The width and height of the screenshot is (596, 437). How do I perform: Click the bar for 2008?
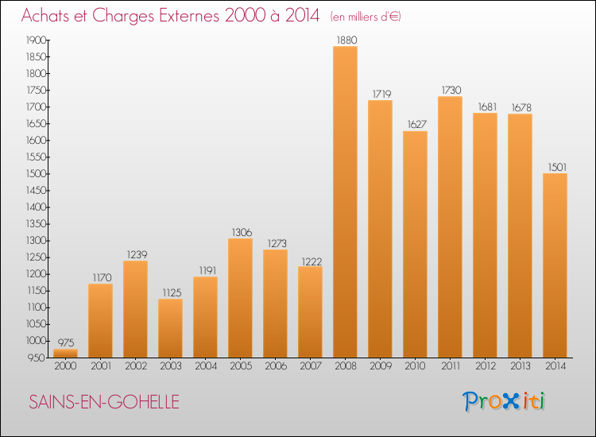[x=345, y=202]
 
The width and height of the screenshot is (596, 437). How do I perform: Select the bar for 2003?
[x=170, y=328]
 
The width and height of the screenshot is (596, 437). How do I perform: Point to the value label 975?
[x=65, y=342]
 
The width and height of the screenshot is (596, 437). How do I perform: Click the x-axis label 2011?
[x=450, y=366]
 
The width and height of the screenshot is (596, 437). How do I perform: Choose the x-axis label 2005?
[x=240, y=366]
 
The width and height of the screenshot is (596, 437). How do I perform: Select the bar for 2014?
[x=555, y=265]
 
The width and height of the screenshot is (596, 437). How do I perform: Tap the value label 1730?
[x=450, y=90]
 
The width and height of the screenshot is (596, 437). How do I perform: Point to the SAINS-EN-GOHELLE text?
[x=104, y=402]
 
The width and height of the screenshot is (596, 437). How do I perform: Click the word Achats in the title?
[x=48, y=17]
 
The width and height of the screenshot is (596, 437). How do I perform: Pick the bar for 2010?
[x=415, y=244]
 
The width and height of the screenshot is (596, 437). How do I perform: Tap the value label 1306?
[x=240, y=232]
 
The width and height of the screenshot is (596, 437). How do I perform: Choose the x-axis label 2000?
[x=65, y=366]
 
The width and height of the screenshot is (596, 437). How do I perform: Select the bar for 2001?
[x=100, y=320]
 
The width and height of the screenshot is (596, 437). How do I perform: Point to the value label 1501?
[x=555, y=167]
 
